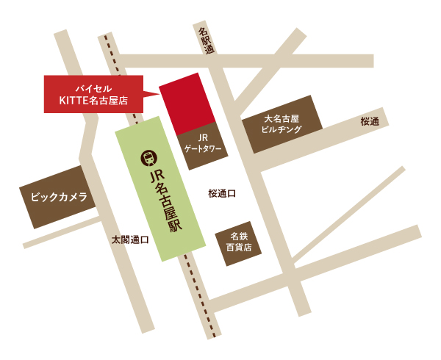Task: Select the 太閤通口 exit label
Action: pyautogui.click(x=130, y=240)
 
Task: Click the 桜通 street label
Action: pyautogui.click(x=370, y=122)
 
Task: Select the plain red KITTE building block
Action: pyautogui.click(x=187, y=103)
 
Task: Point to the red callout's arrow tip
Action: pyautogui.click(x=159, y=93)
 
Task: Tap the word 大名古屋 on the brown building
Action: pyautogui.click(x=282, y=118)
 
